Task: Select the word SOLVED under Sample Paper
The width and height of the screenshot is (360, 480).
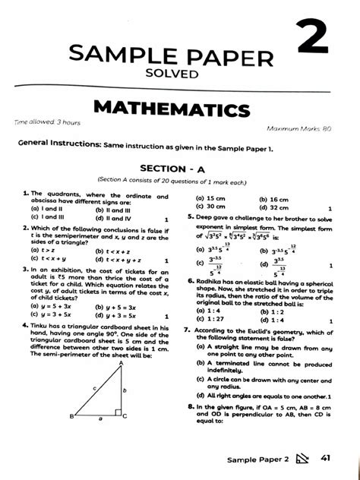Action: click(x=179, y=74)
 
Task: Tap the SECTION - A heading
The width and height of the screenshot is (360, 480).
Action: click(x=179, y=168)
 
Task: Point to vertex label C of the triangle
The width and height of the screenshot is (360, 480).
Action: click(x=124, y=417)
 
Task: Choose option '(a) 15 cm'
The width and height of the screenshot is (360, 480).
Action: click(x=209, y=197)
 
